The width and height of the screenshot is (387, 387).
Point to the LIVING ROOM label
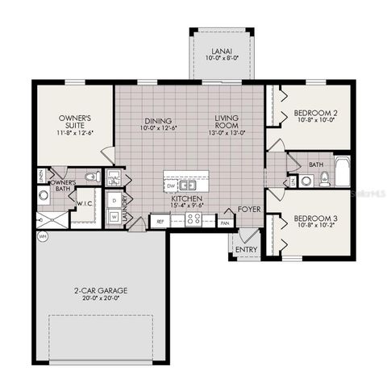(227, 123)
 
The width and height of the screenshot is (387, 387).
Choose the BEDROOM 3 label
(313, 219)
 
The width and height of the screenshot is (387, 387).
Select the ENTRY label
(246, 251)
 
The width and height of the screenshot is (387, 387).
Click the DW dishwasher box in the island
(171, 185)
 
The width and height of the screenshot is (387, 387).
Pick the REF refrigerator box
(160, 220)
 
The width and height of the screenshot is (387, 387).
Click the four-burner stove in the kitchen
(194, 219)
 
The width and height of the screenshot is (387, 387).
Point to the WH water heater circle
(41, 236)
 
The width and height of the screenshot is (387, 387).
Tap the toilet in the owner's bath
(91, 177)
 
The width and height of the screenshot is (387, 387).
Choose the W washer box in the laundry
(114, 216)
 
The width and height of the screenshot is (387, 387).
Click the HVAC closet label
(114, 178)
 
